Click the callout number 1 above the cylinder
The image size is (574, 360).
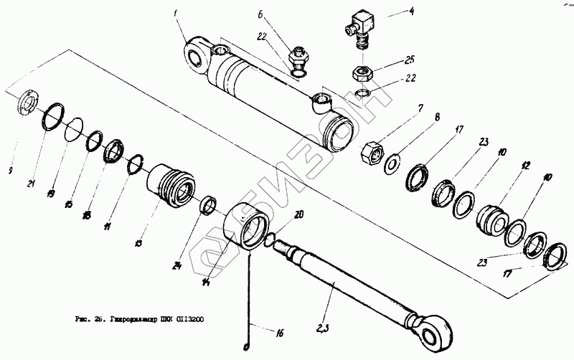(175, 13)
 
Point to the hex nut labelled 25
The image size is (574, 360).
(361, 73)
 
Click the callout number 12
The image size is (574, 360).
(526, 165)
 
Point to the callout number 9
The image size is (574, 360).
(9, 170)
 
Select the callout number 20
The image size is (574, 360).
(298, 214)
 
